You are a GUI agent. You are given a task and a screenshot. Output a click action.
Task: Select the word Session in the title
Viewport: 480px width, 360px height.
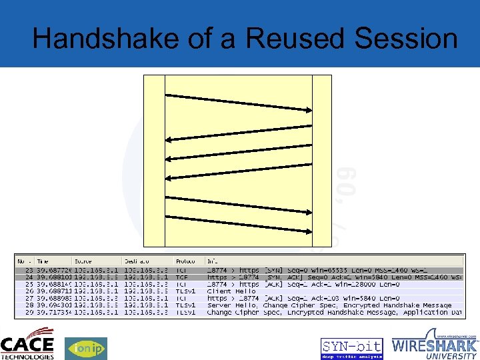tap(406, 39)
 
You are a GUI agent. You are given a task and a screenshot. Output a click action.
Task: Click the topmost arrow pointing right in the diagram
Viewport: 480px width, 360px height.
tap(239, 103)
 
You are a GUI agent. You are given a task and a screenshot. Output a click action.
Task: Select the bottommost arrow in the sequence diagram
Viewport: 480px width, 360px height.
tap(239, 224)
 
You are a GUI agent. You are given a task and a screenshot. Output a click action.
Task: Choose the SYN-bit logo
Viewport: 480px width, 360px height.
tap(351, 348)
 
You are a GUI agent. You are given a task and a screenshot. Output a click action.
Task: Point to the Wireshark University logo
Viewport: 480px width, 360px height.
tap(435, 344)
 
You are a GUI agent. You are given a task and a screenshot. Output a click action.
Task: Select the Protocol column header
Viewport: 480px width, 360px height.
tap(185, 261)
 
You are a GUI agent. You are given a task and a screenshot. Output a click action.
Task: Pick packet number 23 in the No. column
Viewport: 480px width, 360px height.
tap(29, 271)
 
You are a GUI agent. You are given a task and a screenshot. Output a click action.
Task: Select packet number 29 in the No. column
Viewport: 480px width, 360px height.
tap(29, 313)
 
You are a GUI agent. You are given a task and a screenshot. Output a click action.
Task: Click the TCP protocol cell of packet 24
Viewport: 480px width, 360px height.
tap(182, 277)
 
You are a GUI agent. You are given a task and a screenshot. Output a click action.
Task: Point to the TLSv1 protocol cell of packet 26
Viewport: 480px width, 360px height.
tap(185, 291)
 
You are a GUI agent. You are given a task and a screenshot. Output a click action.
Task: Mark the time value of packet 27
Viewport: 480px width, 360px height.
tap(53, 299)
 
